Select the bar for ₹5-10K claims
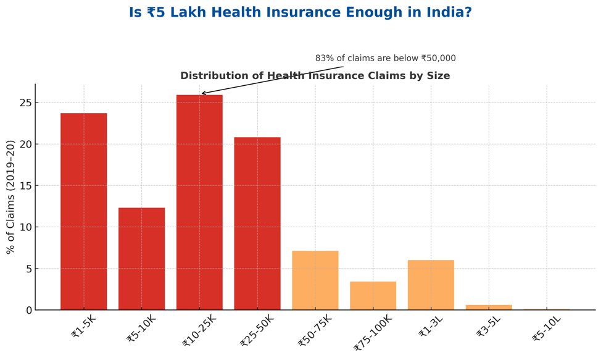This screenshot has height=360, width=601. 141,259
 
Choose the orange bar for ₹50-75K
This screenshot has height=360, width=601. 315,280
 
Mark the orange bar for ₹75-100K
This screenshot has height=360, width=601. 373,296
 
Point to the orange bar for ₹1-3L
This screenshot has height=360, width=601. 431,285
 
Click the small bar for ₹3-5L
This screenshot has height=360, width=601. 489,307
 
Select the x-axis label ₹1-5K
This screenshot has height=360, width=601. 84,327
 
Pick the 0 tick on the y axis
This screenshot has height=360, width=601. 28,310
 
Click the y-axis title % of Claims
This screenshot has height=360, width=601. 10,197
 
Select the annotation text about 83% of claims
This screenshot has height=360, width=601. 385,59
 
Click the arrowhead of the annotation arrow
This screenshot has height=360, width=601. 203,94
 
